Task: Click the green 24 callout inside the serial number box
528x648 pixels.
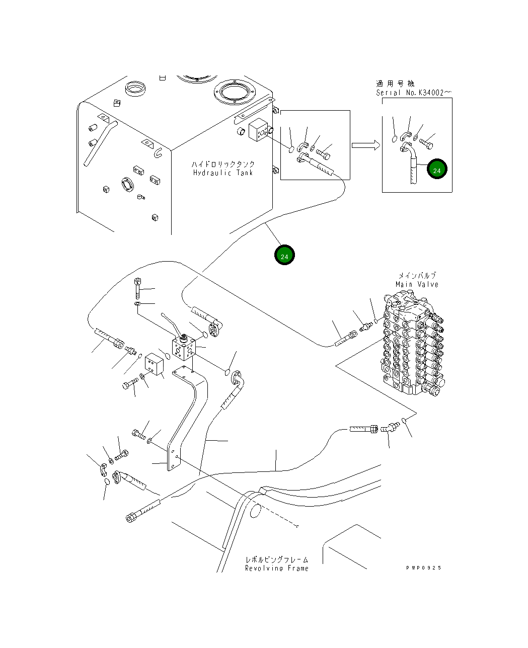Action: (x=437, y=169)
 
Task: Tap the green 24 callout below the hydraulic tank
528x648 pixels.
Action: (x=284, y=255)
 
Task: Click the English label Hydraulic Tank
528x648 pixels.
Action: (x=223, y=173)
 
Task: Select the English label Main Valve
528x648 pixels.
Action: (x=417, y=284)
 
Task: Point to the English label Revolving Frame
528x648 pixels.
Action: (x=277, y=569)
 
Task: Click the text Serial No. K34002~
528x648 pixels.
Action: (x=414, y=93)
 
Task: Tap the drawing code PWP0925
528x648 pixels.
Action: (x=424, y=568)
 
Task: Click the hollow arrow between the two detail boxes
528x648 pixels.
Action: (x=366, y=145)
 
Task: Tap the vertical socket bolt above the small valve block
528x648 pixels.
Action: (x=137, y=288)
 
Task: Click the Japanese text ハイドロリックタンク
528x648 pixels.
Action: (x=223, y=165)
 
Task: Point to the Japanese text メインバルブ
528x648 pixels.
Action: (x=417, y=275)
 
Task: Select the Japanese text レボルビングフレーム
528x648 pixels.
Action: (x=277, y=559)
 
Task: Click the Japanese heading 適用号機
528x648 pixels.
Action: (x=395, y=84)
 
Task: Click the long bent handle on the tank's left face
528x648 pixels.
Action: (x=101, y=143)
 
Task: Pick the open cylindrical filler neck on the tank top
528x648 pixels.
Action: (x=135, y=88)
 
